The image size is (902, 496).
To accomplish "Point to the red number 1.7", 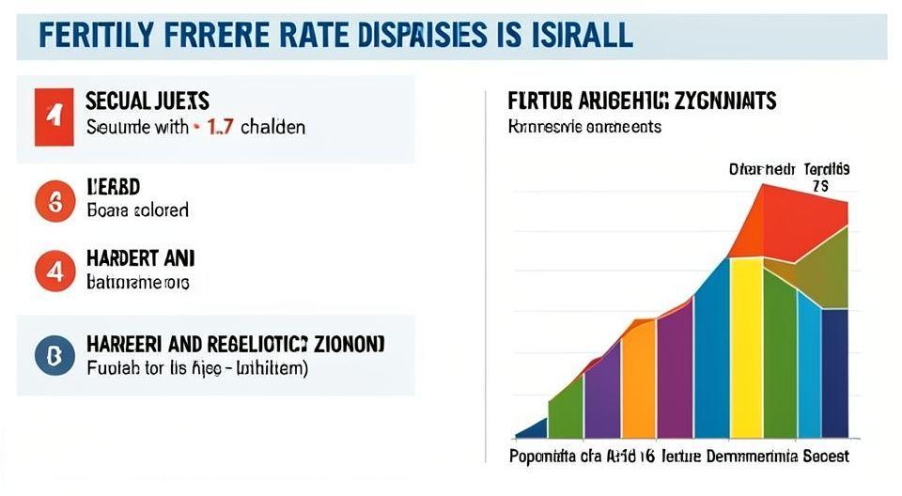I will click(219, 127).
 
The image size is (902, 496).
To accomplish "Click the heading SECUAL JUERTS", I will click(148, 100).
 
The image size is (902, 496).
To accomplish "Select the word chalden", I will click(272, 127).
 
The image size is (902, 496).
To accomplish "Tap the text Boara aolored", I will click(137, 209).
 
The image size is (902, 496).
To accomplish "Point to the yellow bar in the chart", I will click(746, 348).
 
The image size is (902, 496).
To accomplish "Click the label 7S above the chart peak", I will click(819, 187).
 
